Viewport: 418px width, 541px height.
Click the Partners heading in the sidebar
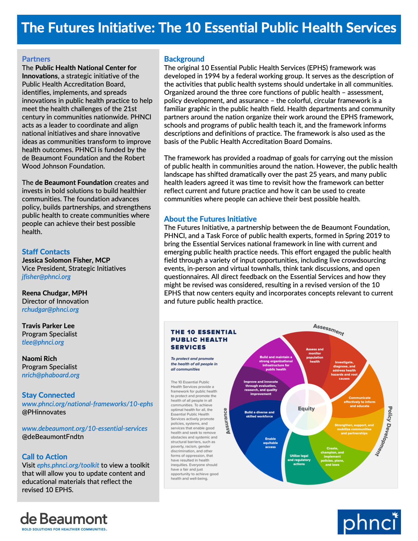click(x=36, y=59)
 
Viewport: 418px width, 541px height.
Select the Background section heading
click(x=184, y=59)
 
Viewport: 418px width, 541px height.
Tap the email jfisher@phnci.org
click(x=46, y=277)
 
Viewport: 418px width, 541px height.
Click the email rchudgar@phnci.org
click(x=50, y=310)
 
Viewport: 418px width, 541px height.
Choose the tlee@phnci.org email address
click(x=43, y=342)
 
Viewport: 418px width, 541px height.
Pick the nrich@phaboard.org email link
click(x=50, y=375)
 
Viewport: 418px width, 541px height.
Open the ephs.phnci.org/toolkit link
click(x=68, y=465)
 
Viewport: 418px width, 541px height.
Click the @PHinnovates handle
click(x=44, y=412)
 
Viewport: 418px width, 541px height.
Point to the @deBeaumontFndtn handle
click(x=53, y=437)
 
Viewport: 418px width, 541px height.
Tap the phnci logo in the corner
click(x=369, y=522)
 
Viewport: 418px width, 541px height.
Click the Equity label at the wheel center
click(x=306, y=409)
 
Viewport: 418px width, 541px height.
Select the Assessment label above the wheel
click(x=328, y=330)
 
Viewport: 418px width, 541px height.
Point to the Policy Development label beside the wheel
click(x=384, y=431)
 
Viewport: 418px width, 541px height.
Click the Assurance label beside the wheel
click(x=227, y=421)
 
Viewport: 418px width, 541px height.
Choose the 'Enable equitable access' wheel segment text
click(x=270, y=443)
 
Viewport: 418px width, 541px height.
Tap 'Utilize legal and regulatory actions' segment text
click(x=299, y=460)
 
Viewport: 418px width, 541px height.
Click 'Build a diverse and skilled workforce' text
click(x=259, y=414)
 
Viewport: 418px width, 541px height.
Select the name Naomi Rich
click(x=39, y=359)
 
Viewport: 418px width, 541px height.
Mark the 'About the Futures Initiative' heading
click(x=210, y=219)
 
